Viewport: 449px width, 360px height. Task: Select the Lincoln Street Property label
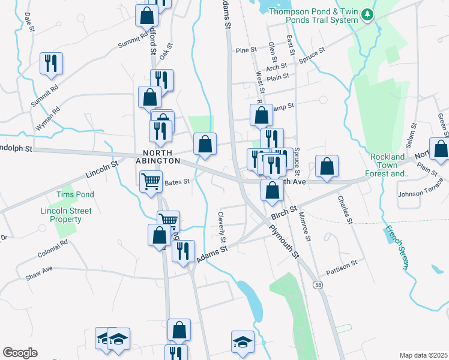pyautogui.click(x=66, y=215)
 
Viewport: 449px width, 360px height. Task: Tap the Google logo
pyautogui.click(x=20, y=353)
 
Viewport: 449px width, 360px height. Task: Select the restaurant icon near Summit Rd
pyautogui.click(x=50, y=64)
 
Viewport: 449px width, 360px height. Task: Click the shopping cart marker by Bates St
pyautogui.click(x=151, y=180)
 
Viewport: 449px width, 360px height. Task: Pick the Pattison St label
pyautogui.click(x=342, y=263)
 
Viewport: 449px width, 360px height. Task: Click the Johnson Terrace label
pyautogui.click(x=423, y=194)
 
